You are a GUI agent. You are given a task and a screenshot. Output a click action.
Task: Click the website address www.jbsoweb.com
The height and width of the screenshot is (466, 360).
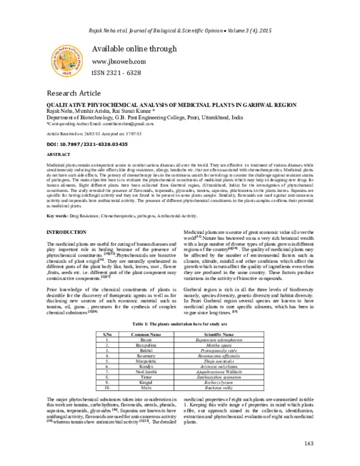(119, 62)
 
